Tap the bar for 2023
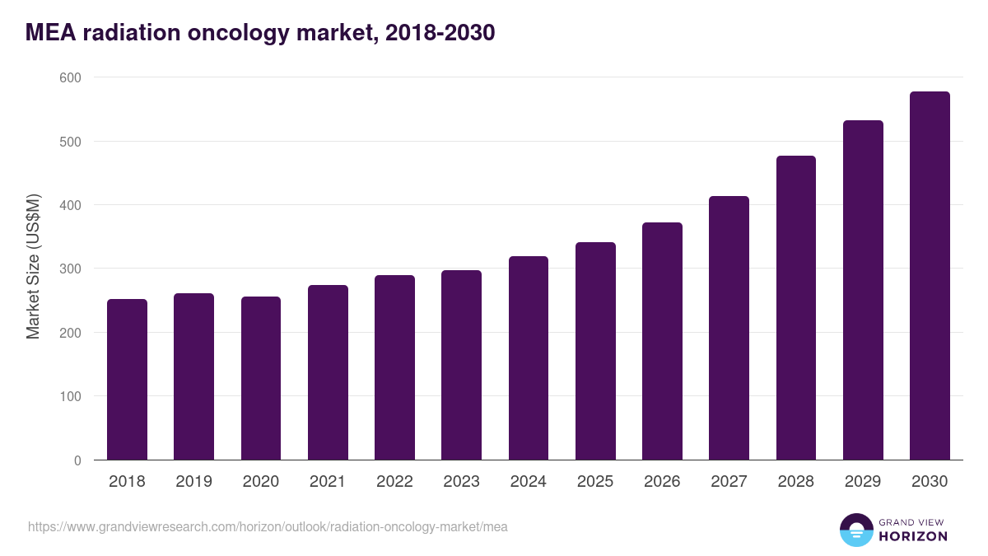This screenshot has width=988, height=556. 461,365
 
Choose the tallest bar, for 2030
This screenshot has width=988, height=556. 930,276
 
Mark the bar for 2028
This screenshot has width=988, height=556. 796,307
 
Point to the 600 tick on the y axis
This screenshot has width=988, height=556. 70,77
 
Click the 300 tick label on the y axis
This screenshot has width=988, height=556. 70,269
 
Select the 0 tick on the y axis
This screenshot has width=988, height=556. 77,460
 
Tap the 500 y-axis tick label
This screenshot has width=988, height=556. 70,142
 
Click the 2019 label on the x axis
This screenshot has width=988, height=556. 193,482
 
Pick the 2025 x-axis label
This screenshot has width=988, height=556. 595,482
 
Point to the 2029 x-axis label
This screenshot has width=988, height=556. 863,482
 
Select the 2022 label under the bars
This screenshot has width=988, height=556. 394,482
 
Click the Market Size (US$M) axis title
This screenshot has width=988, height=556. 33,268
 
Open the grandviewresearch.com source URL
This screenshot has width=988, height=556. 268,526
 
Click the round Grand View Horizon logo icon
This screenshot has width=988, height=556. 856,530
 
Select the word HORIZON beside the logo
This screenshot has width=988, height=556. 913,536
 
